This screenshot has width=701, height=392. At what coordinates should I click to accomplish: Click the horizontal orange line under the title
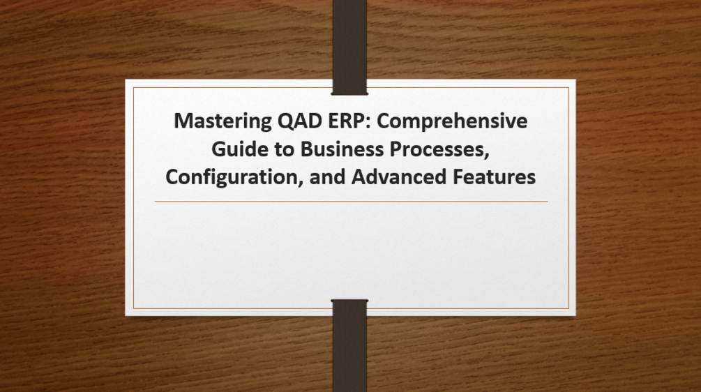[x=350, y=202]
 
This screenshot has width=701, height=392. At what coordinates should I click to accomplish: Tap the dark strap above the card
[x=349, y=38]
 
